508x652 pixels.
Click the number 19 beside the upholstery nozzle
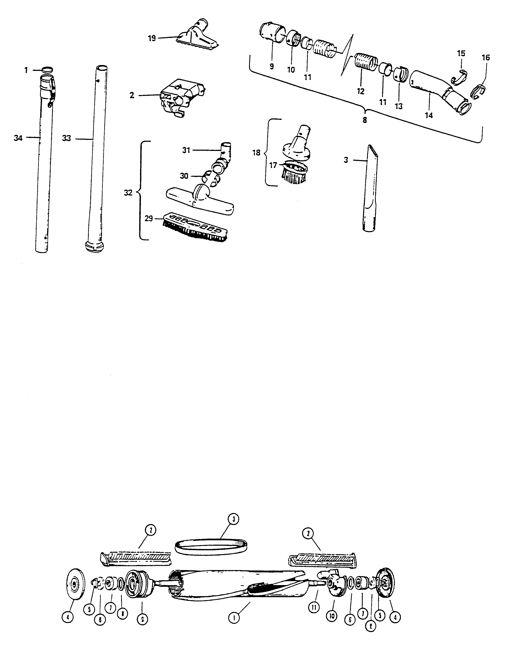click(x=152, y=38)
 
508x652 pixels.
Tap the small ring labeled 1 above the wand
click(x=48, y=70)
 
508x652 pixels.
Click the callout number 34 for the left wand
click(x=18, y=138)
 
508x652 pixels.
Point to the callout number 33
click(x=66, y=138)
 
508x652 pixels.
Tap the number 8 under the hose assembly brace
click(x=365, y=121)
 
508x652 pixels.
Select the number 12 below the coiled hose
click(x=361, y=91)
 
